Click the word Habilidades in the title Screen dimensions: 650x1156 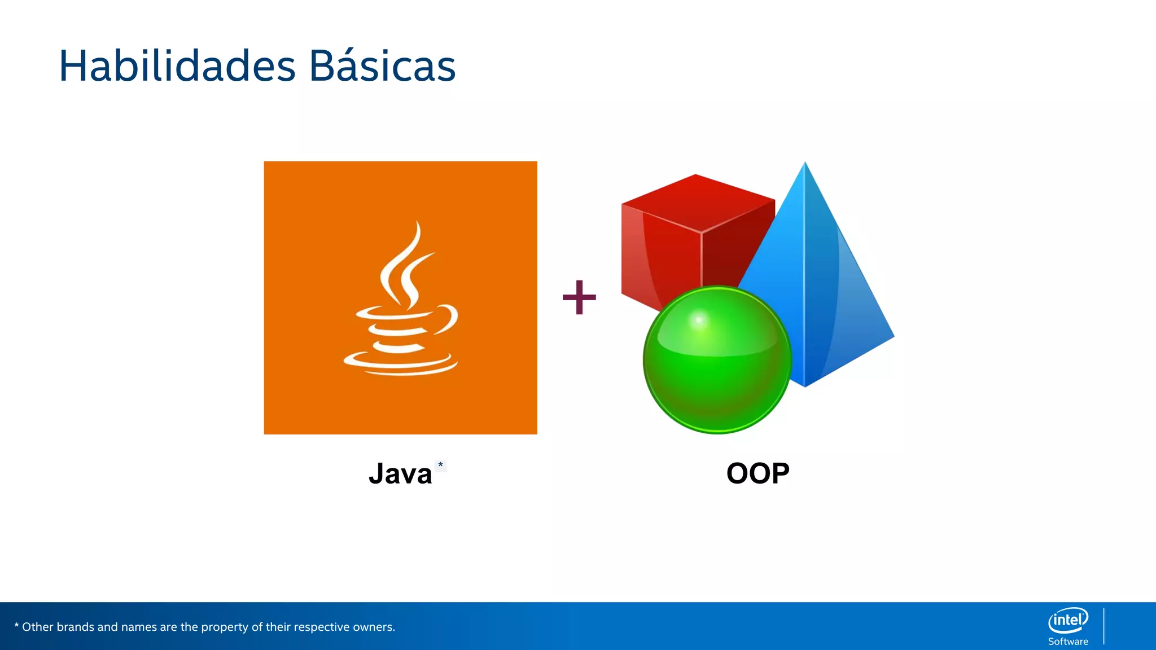(177, 67)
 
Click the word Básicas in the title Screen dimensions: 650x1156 (382, 67)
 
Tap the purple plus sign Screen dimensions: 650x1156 (579, 297)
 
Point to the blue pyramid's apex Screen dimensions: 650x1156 (805, 165)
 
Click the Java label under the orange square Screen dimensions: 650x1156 (400, 474)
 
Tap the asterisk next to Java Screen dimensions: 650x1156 (441, 465)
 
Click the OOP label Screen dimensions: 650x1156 (757, 473)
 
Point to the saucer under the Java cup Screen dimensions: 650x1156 (401, 364)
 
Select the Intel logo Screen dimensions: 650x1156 (1068, 621)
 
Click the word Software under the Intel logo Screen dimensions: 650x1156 (1068, 642)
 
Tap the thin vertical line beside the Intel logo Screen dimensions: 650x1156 (1104, 626)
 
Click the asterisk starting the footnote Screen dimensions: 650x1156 (16, 625)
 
